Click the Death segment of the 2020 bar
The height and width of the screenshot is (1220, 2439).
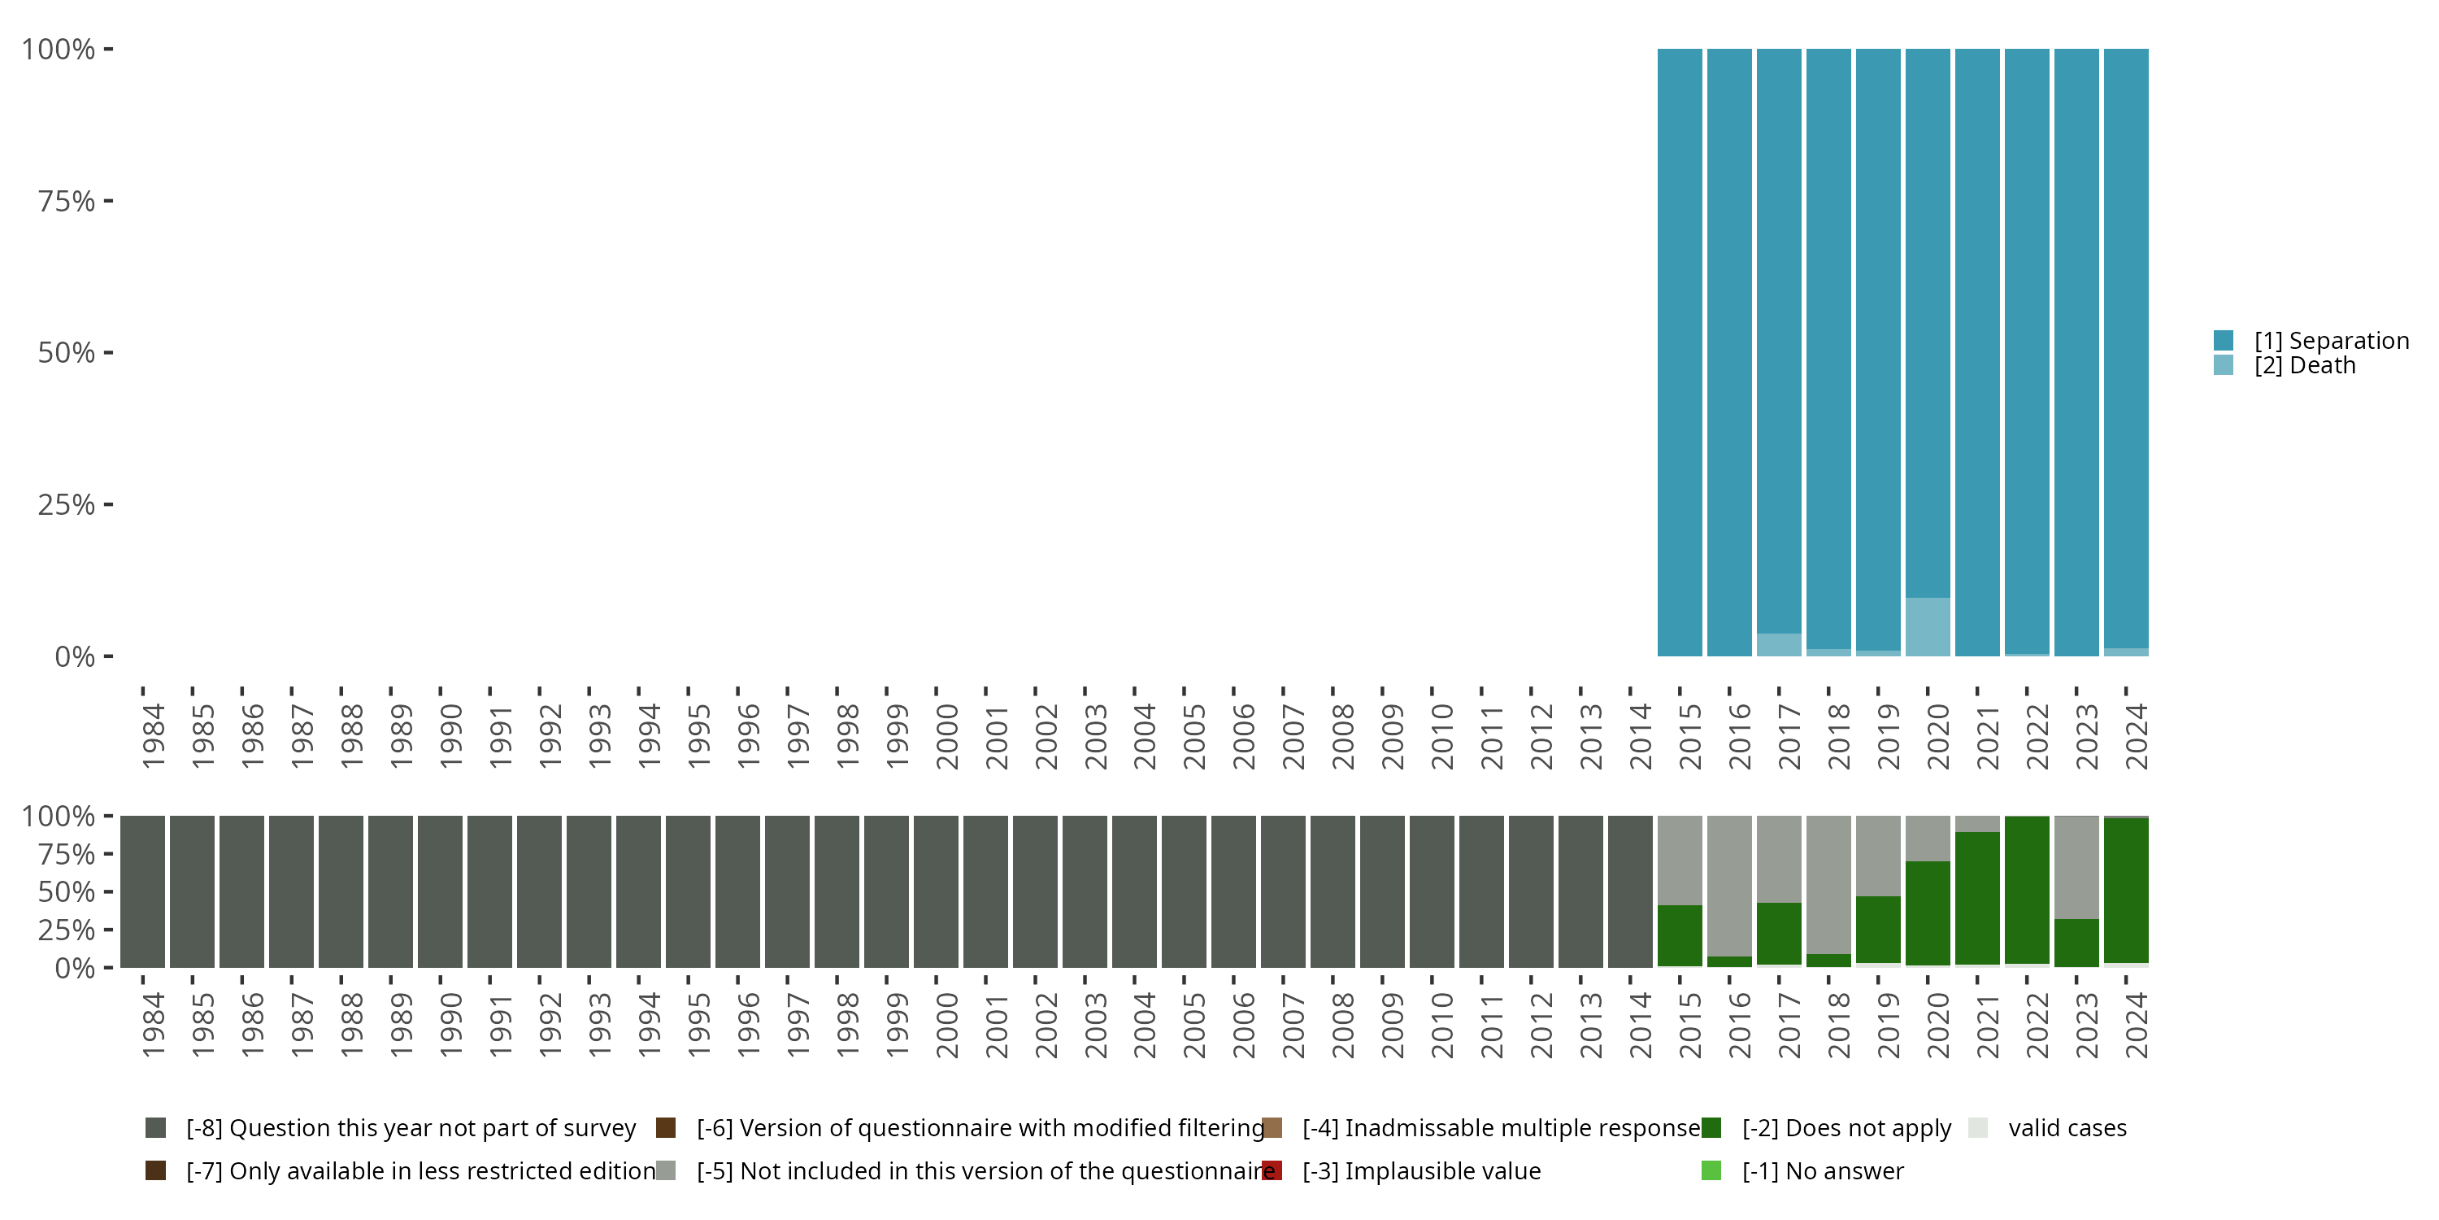point(1927,626)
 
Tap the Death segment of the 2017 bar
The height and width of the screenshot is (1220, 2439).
point(1779,644)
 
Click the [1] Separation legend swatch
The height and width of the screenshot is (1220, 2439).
point(2223,340)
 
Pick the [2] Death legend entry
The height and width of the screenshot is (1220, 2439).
point(2305,366)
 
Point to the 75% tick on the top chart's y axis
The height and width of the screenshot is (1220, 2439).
point(108,201)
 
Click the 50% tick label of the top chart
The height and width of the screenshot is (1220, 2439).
point(67,353)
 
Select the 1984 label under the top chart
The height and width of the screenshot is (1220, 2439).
point(154,736)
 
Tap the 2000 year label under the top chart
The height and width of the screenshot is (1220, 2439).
point(947,736)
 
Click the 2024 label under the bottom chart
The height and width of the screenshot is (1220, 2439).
point(2136,1025)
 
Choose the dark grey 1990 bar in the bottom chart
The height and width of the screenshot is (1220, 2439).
point(441,891)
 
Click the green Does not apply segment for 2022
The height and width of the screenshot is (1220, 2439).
point(2026,891)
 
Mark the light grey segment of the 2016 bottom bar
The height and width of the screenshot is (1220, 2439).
point(1729,886)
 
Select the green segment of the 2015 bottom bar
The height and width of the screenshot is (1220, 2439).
point(1680,936)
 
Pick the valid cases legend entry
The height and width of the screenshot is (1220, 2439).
point(2067,1128)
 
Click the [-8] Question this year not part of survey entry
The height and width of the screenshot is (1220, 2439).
point(410,1128)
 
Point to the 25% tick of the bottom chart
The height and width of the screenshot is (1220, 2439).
point(108,929)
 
